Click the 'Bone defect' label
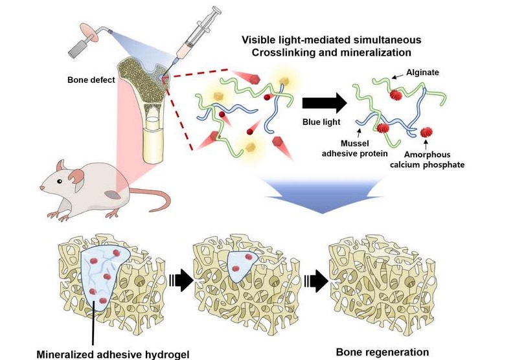(x=90, y=80)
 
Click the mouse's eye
(x=58, y=173)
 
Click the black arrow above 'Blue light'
(x=323, y=103)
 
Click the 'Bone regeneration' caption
(x=382, y=352)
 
